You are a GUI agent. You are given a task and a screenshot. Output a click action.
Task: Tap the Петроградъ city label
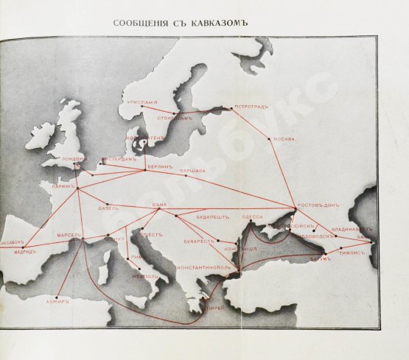pos(251,106)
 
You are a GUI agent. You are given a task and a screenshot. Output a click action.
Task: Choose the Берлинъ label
pos(160,167)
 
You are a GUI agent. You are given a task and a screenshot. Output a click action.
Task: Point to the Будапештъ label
pos(213,218)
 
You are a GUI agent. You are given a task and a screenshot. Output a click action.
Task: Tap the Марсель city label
pos(70,236)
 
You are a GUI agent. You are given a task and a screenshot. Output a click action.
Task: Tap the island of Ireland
pos(41,135)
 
